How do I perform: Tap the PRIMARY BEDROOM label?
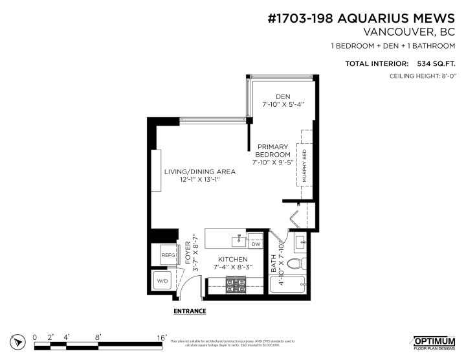tap(272, 155)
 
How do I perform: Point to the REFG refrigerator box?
tap(168, 256)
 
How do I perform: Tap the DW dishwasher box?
tap(256, 244)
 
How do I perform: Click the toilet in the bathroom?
tap(296, 264)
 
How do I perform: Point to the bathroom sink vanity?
tap(301, 243)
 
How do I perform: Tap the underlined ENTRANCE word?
tap(190, 311)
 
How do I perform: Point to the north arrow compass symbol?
tap(17, 341)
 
